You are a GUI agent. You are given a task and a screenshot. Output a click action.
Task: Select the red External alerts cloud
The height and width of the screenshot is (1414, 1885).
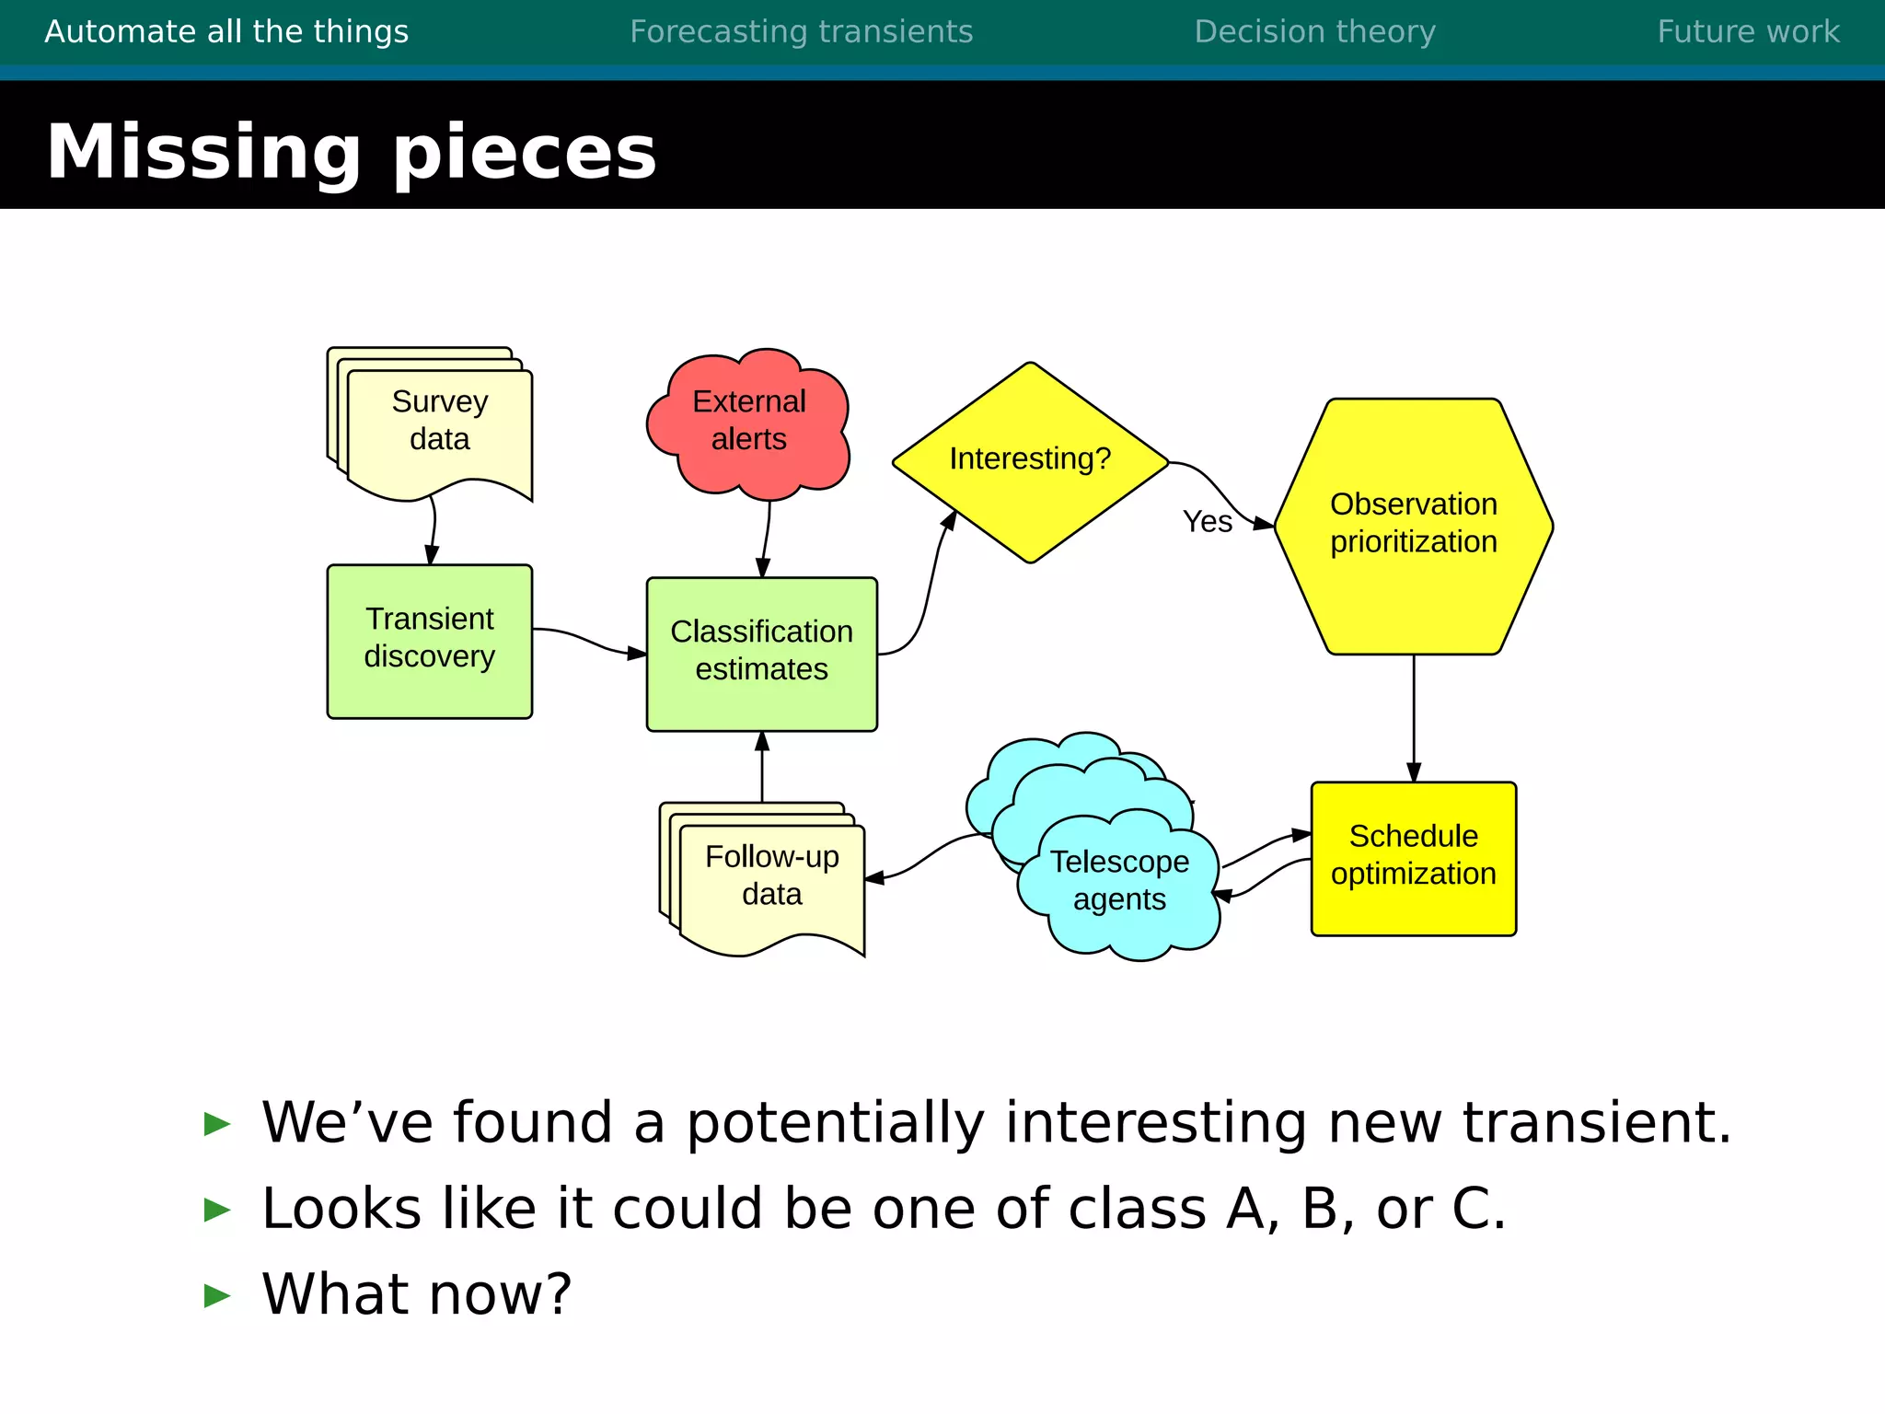[x=748, y=421]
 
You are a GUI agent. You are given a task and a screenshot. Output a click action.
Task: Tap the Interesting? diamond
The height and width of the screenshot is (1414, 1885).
[x=1030, y=459]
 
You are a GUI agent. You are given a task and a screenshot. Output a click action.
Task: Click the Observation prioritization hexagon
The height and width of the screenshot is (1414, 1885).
[x=1413, y=525]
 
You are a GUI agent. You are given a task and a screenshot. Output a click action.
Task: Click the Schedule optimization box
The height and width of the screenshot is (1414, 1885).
[x=1413, y=856]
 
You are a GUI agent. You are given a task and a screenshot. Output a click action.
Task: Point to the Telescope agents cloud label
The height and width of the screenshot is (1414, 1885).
[x=1119, y=881]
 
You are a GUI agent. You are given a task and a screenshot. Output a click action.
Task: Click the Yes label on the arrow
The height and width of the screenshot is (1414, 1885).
[x=1207, y=522]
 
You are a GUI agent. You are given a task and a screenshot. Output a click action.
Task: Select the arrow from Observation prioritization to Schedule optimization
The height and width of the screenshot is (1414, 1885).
[x=1414, y=718]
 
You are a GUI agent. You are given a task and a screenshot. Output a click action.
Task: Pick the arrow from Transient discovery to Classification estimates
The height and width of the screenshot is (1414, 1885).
[x=589, y=641]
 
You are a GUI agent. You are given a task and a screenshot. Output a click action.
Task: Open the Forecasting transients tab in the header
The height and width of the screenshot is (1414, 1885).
[x=801, y=32]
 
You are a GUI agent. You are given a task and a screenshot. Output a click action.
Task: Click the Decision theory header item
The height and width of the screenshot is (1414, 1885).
[x=1314, y=32]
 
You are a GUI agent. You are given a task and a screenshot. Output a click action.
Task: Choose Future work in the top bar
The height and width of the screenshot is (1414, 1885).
[x=1748, y=32]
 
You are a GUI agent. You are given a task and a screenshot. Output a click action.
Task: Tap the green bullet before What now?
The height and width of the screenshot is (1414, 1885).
[x=217, y=1295]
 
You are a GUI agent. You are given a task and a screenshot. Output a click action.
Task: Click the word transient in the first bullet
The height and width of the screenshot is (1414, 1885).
[x=1594, y=1123]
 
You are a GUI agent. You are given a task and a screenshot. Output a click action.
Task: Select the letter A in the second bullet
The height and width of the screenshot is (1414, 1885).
[x=1244, y=1209]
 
